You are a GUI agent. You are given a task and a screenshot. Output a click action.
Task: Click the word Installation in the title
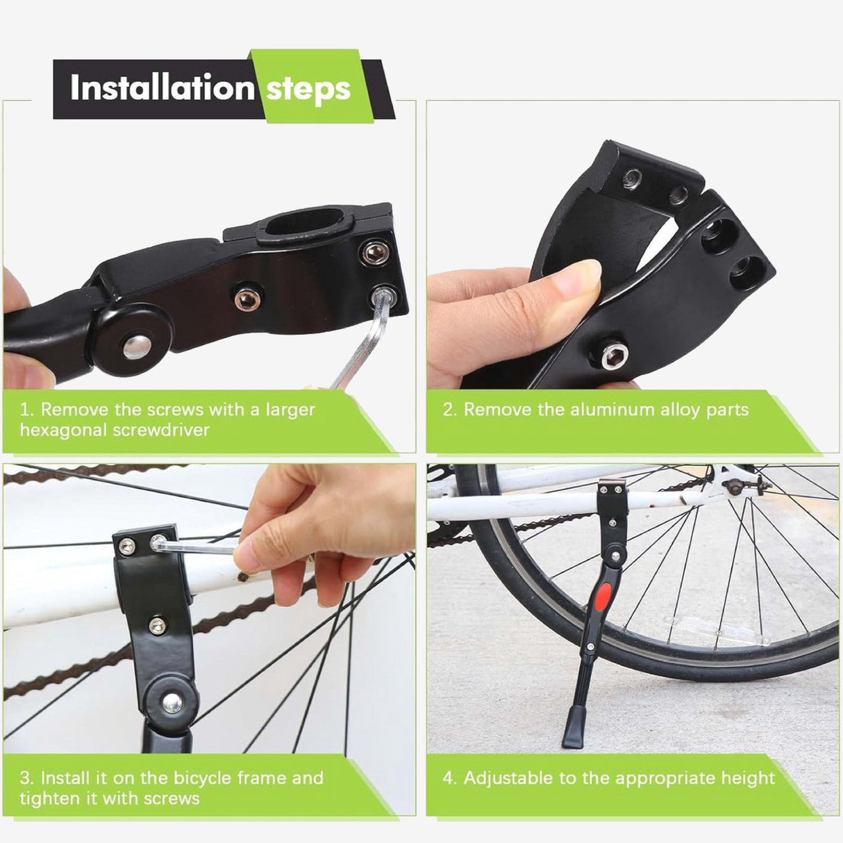click(x=162, y=87)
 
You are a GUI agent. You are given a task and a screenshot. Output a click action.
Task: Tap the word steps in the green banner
click(x=308, y=90)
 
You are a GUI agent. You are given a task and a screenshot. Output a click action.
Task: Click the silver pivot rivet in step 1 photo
click(x=137, y=347)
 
